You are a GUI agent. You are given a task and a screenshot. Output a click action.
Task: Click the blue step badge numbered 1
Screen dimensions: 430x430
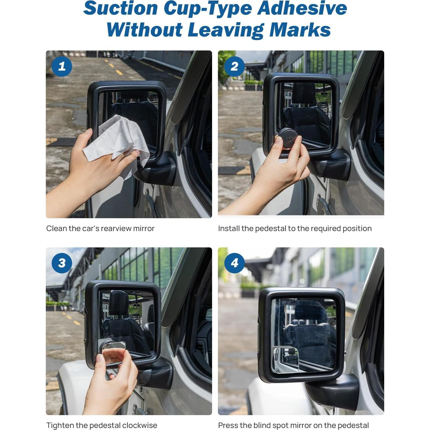(62, 67)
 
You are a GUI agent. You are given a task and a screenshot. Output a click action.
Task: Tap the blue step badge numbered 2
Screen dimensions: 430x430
(234, 67)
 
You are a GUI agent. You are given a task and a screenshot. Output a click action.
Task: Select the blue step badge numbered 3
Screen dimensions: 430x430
(62, 263)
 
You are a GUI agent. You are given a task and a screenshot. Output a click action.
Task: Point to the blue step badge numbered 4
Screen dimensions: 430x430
(234, 263)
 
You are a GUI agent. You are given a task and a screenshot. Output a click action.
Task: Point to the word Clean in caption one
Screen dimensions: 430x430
(57, 228)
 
